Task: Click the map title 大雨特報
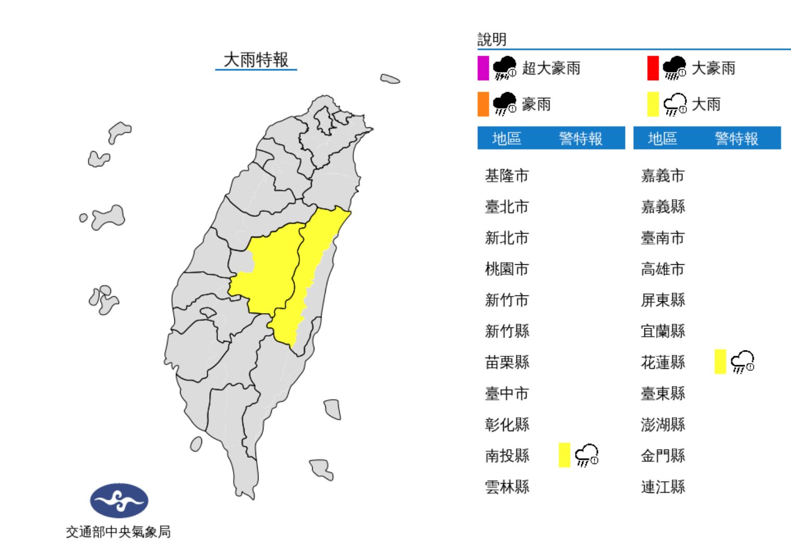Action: tap(256, 60)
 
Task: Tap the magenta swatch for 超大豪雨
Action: tap(483, 68)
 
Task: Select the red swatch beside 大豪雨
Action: tap(653, 68)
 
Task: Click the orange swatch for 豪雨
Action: tap(483, 104)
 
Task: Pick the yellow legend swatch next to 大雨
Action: tap(653, 104)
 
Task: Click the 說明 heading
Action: tap(492, 40)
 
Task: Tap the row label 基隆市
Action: tap(506, 176)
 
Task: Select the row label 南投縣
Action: tap(506, 456)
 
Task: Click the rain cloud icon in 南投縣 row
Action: tap(586, 455)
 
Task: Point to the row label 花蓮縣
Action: tap(662, 363)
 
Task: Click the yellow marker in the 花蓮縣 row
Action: tap(720, 362)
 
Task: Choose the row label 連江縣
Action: tap(662, 487)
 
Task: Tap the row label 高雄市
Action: tap(662, 269)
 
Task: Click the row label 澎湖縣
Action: tap(662, 425)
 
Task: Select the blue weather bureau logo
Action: tap(119, 500)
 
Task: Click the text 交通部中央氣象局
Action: tap(118, 532)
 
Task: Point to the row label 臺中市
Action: tap(506, 394)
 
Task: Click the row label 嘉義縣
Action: tap(662, 207)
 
